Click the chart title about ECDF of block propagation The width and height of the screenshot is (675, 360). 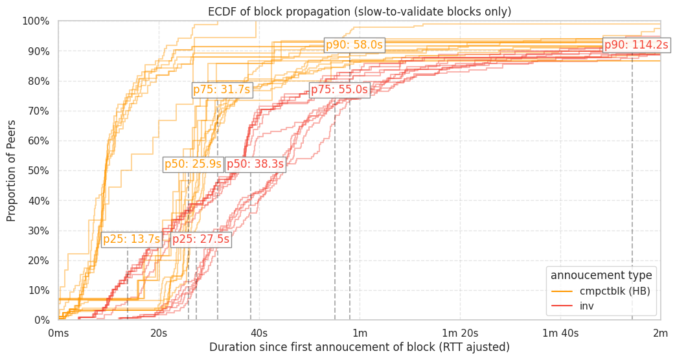tap(360, 12)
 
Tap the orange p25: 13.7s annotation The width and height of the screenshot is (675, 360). tap(131, 240)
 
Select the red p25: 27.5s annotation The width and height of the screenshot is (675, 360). tap(201, 240)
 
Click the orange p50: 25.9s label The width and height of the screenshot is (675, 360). tap(193, 164)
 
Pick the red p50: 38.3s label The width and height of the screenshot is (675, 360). tap(255, 164)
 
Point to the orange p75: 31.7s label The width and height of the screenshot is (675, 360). tap(222, 90)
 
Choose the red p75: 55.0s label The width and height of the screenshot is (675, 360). tap(339, 90)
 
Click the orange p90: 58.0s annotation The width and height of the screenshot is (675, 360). tap(354, 45)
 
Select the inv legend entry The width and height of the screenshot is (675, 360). tap(586, 306)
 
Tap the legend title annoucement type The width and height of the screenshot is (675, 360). tap(601, 275)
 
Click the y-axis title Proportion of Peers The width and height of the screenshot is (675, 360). tap(12, 170)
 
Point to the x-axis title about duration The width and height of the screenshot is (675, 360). tap(360, 348)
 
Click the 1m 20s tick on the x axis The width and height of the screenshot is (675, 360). tap(460, 333)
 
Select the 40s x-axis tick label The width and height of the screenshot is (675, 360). tap(259, 333)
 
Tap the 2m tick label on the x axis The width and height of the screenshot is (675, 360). tap(660, 333)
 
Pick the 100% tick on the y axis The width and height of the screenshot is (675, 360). tap(36, 21)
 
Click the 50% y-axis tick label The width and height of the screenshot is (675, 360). tap(38, 171)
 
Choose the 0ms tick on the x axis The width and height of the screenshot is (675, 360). tap(58, 333)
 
